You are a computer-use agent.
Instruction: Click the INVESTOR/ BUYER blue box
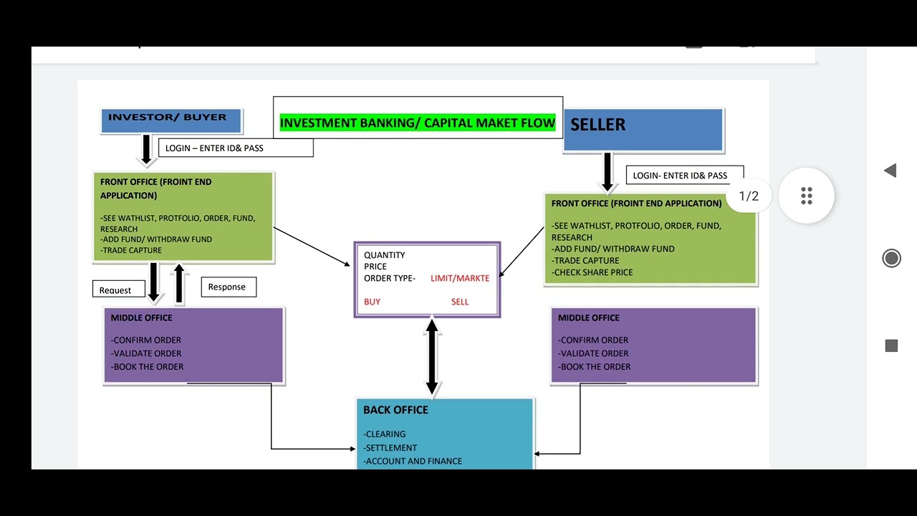point(171,120)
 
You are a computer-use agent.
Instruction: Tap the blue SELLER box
point(643,129)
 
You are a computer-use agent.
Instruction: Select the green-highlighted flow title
point(417,123)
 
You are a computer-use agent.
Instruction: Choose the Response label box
point(228,287)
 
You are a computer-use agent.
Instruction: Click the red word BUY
point(372,302)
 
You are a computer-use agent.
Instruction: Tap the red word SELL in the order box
point(460,302)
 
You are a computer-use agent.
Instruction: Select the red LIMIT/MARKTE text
point(460,278)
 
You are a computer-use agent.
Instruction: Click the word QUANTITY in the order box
point(384,255)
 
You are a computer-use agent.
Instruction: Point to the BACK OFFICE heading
point(395,410)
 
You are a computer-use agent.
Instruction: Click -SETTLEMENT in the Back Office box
point(390,448)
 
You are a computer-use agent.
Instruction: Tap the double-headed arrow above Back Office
point(432,357)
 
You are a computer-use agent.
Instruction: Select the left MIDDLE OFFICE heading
point(141,317)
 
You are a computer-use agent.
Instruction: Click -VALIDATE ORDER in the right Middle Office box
point(594,353)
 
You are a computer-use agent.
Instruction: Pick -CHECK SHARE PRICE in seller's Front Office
point(592,272)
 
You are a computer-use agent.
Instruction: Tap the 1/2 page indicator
point(748,196)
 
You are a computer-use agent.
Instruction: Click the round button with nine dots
point(807,196)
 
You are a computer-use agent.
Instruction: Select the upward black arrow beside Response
point(179,282)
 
